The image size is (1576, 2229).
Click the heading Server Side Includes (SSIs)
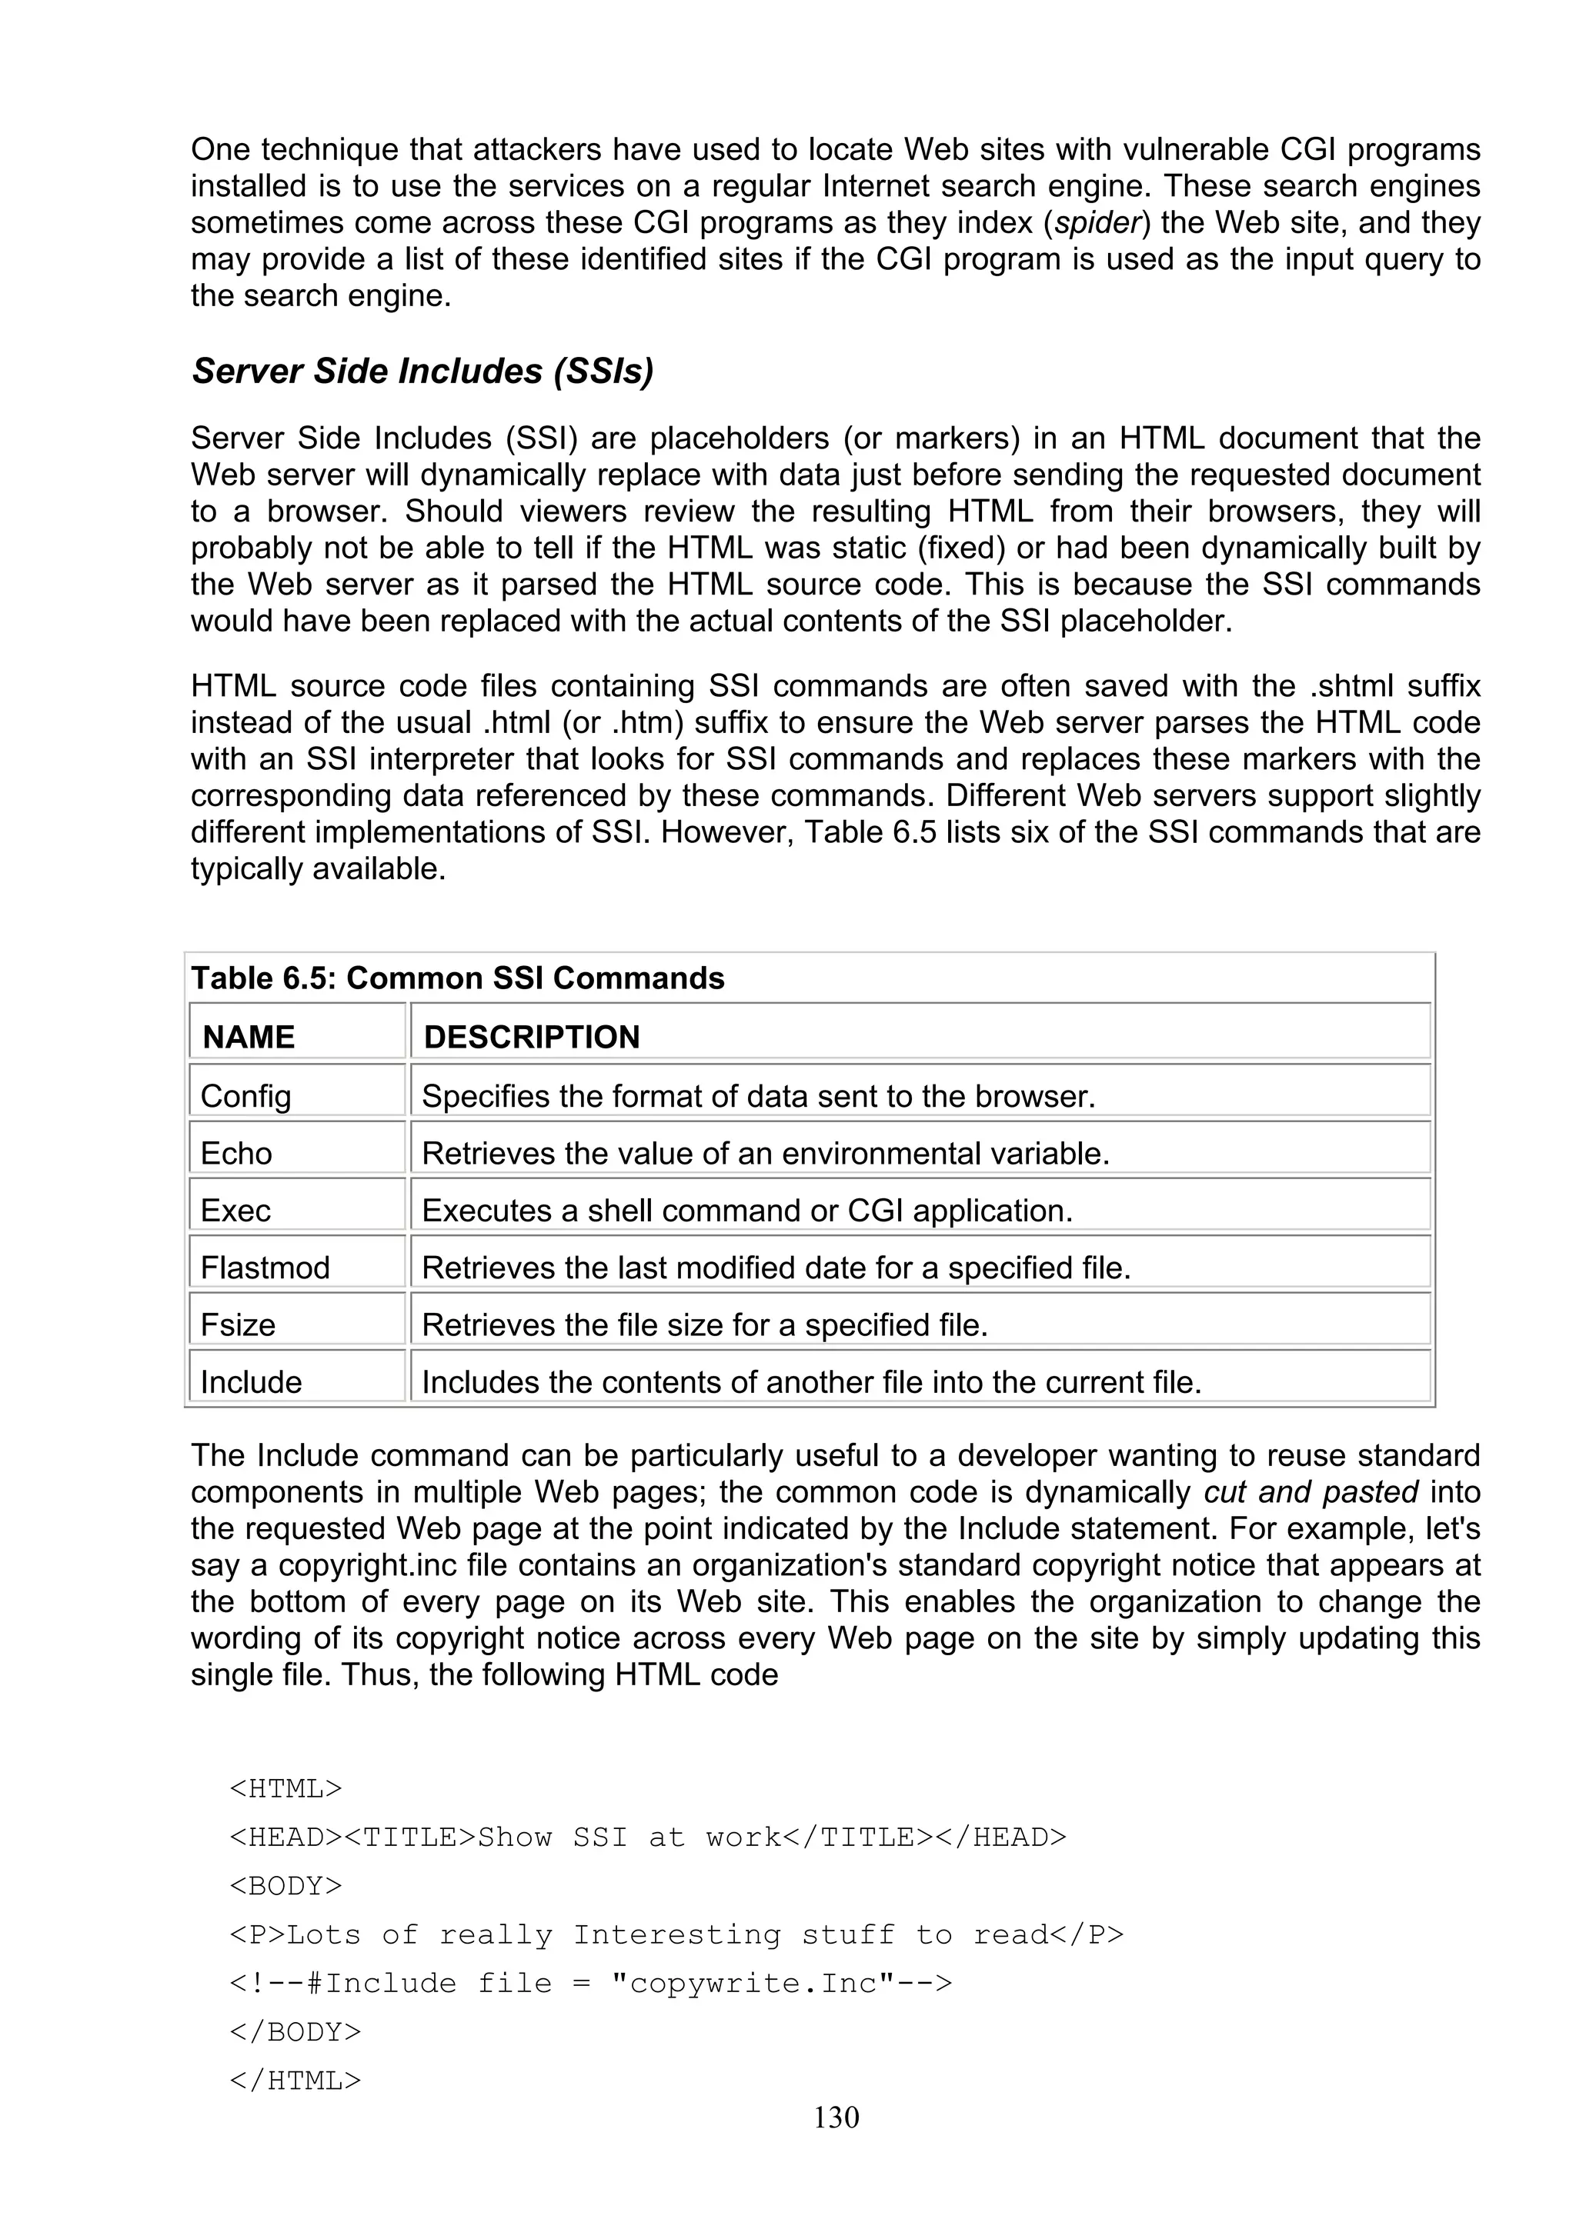(422, 371)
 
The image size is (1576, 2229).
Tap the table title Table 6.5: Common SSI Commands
(457, 978)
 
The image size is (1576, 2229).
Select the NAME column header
(249, 1036)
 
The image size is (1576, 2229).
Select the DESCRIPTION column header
(531, 1036)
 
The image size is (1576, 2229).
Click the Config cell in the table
(245, 1095)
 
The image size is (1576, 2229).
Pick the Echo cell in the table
(236, 1152)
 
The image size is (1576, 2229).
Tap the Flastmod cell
(265, 1267)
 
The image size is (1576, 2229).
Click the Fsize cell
(238, 1324)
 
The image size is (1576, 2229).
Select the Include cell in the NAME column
(251, 1381)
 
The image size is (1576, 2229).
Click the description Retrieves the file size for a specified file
(704, 1324)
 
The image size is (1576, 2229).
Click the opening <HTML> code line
(285, 1788)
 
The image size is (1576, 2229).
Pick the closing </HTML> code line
(295, 2081)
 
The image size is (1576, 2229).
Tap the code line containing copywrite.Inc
(590, 1982)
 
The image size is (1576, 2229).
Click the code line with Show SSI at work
(648, 1837)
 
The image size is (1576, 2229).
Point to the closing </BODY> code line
(295, 2032)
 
